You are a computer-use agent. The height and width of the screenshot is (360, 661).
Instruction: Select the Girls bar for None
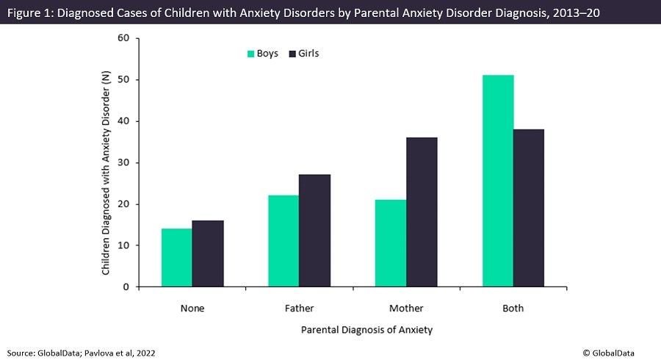tap(208, 253)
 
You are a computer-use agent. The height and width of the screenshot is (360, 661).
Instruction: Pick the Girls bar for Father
tap(315, 231)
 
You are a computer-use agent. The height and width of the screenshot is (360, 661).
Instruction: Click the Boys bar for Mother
tap(391, 243)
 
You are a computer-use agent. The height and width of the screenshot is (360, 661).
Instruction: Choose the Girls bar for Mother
tap(422, 212)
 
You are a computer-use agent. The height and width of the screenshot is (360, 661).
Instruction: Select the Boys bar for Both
tap(498, 181)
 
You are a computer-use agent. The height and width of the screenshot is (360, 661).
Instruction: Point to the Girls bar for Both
tap(529, 208)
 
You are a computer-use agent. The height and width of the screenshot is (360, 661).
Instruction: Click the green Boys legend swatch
tap(250, 54)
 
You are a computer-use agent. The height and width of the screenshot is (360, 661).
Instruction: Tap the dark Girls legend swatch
tap(292, 54)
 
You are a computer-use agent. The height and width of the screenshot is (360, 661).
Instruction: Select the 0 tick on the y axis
tap(126, 287)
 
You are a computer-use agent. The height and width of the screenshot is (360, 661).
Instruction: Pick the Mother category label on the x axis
tap(406, 309)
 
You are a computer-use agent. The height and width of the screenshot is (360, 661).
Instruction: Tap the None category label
tap(192, 309)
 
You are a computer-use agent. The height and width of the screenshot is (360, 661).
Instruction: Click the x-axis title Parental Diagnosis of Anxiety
tap(366, 330)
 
